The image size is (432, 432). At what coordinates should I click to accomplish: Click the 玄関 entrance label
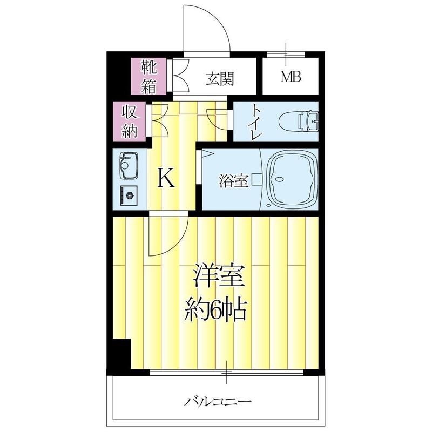219,79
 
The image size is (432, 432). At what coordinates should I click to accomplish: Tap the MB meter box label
291,77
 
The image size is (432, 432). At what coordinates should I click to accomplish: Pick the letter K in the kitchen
166,178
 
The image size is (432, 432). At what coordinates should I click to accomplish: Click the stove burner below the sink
129,194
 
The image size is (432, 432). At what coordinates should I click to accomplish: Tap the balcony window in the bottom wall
227,372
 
